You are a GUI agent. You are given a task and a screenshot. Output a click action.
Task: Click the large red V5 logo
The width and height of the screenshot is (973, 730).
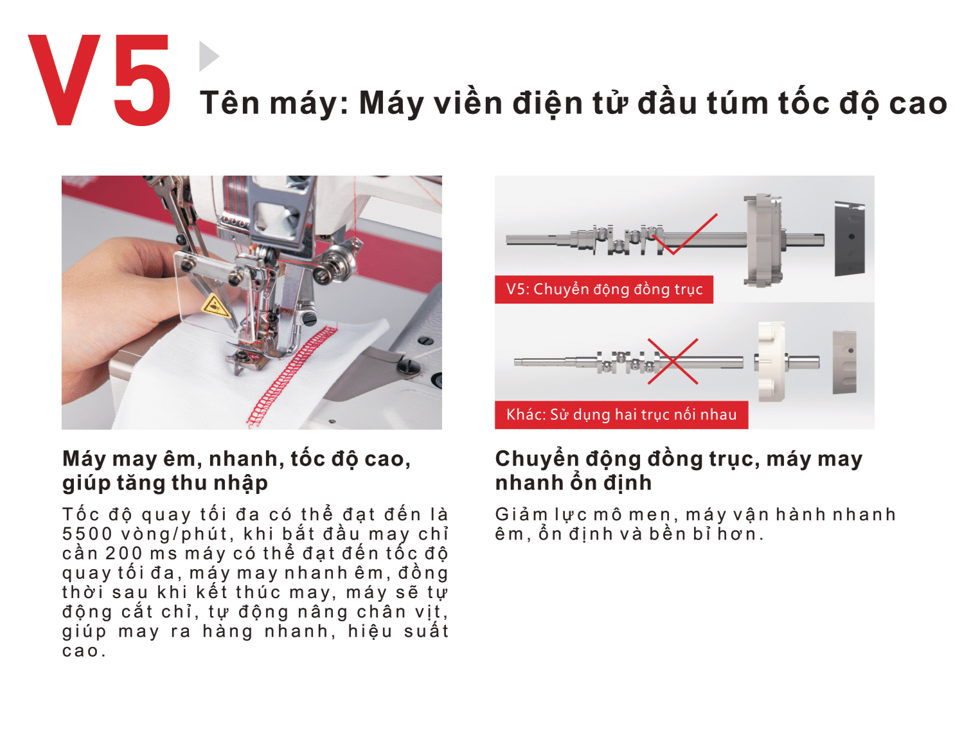[100, 80]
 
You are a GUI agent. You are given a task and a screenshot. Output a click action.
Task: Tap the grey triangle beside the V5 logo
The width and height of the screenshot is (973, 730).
[208, 56]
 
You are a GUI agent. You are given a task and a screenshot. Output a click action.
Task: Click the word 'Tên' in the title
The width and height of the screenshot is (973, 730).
[229, 102]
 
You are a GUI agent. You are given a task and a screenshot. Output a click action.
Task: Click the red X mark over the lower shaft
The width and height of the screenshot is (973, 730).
[673, 361]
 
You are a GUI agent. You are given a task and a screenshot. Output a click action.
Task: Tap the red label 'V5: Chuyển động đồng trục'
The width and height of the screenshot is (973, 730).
[604, 289]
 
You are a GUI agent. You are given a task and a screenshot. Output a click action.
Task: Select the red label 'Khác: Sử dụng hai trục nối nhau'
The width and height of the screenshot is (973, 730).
[621, 415]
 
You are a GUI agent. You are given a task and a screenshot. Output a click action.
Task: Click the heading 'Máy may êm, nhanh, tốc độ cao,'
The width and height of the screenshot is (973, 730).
[237, 459]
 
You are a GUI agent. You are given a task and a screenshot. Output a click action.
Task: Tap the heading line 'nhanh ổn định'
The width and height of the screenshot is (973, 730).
[574, 483]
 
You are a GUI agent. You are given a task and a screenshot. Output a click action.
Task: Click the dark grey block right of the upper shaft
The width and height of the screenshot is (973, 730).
[850, 239]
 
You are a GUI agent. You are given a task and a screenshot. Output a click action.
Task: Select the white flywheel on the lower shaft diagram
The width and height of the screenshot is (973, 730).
[771, 362]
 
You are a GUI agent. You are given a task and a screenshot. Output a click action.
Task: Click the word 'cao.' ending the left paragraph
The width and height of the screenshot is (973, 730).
[84, 651]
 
